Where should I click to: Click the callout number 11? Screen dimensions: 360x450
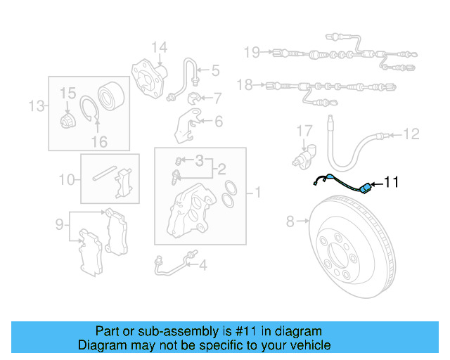pyautogui.click(x=391, y=183)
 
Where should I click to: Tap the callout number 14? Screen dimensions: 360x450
pyautogui.click(x=159, y=48)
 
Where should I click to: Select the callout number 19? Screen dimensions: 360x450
pyautogui.click(x=252, y=51)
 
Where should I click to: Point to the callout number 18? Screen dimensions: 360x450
pyautogui.click(x=244, y=85)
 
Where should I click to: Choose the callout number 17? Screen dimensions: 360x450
pyautogui.click(x=303, y=130)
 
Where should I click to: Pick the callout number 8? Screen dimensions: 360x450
pyautogui.click(x=290, y=222)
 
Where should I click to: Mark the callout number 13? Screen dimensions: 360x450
pyautogui.click(x=36, y=106)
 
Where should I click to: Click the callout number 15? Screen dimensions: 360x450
pyautogui.click(x=67, y=93)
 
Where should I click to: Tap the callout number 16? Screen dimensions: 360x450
pyautogui.click(x=99, y=141)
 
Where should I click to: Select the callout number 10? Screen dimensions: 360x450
pyautogui.click(x=66, y=180)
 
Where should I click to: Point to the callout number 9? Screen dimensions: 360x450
pyautogui.click(x=61, y=225)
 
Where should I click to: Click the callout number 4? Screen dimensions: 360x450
pyautogui.click(x=202, y=265)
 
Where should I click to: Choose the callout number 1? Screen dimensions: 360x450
pyautogui.click(x=257, y=191)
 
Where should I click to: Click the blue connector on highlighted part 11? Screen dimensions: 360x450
pyautogui.click(x=366, y=188)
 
